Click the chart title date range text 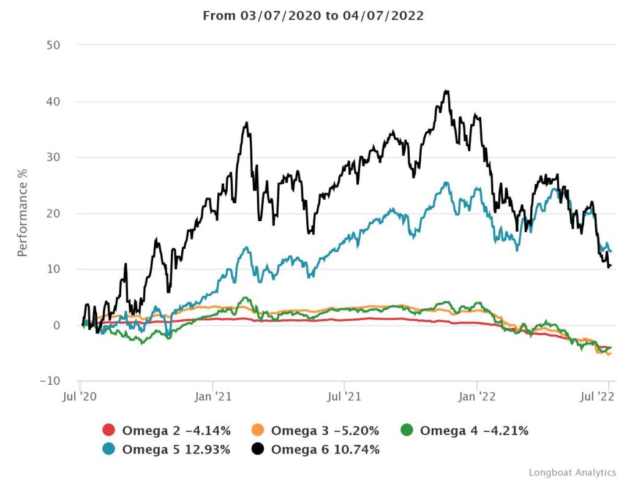pyautogui.click(x=313, y=16)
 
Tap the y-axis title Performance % pyautogui.click(x=23, y=213)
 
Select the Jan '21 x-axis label pyautogui.click(x=212, y=397)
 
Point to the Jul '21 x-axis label pyautogui.click(x=344, y=397)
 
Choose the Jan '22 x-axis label pyautogui.click(x=477, y=397)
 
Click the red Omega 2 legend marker pyautogui.click(x=109, y=431)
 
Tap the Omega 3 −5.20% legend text pyautogui.click(x=325, y=431)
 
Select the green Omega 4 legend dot pyautogui.click(x=408, y=431)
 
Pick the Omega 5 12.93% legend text pyautogui.click(x=176, y=449)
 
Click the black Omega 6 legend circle pyautogui.click(x=258, y=449)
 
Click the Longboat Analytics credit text pyautogui.click(x=573, y=472)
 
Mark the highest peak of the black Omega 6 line pyautogui.click(x=447, y=91)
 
